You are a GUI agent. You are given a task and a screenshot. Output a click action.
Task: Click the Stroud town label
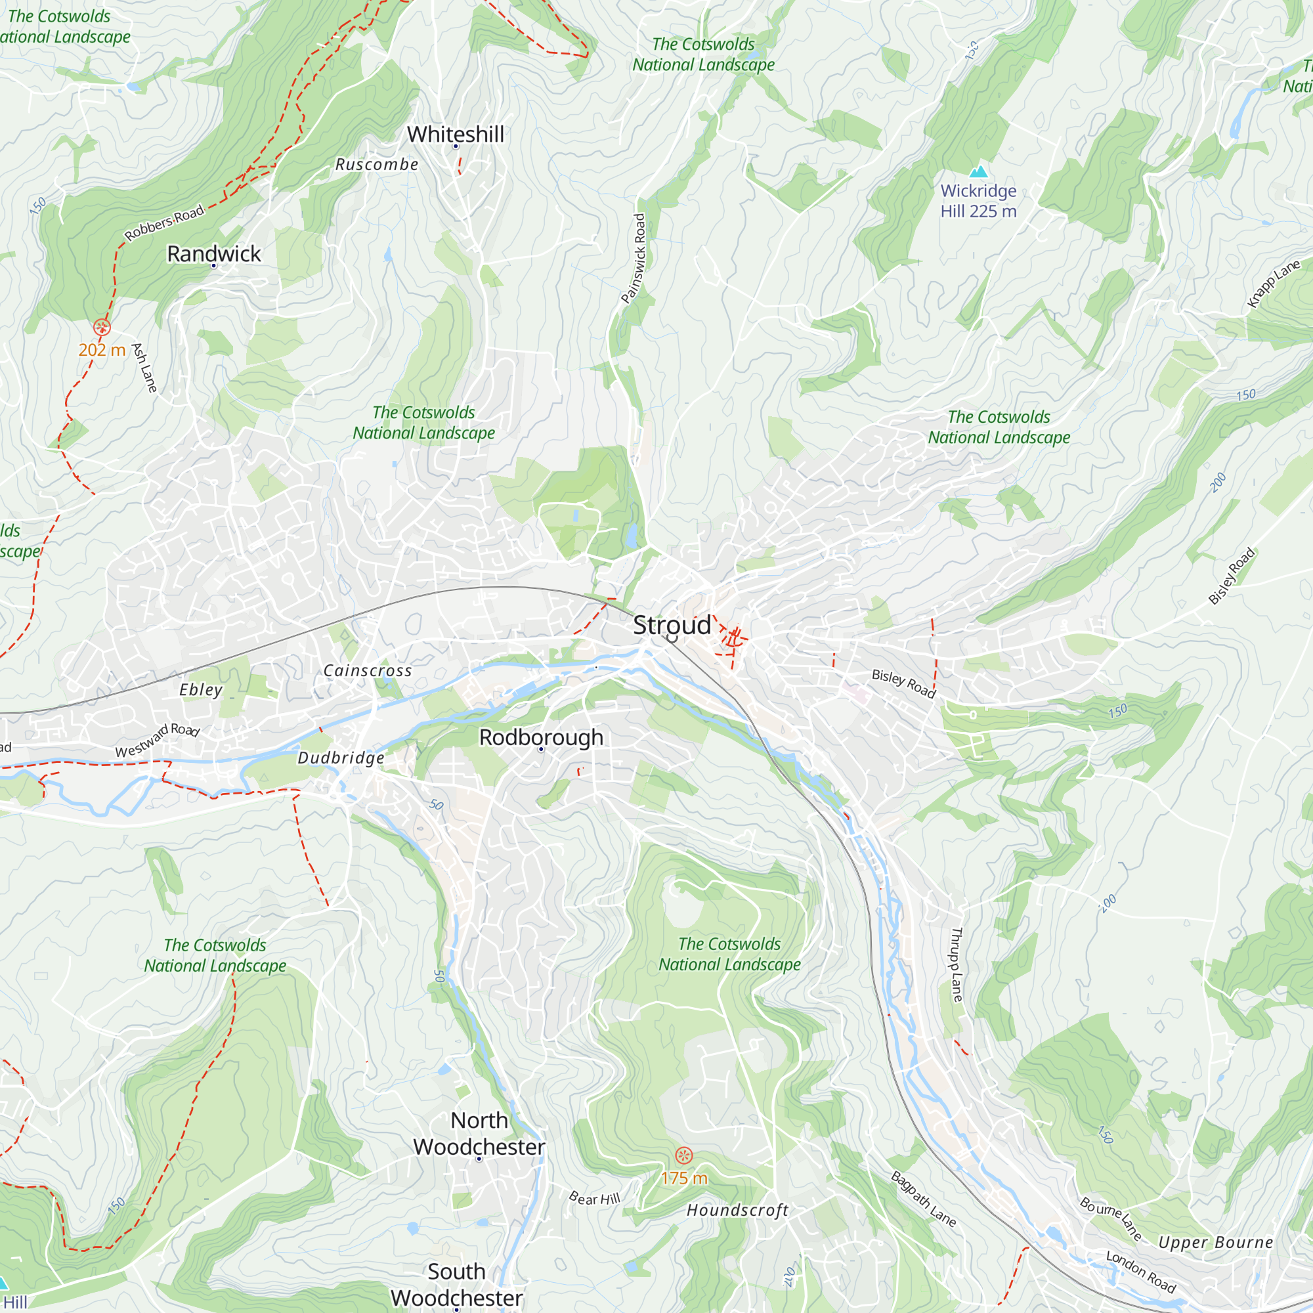click(672, 625)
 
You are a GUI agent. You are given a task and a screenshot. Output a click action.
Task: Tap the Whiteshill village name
click(456, 135)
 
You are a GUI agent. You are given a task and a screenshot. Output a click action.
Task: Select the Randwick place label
click(213, 254)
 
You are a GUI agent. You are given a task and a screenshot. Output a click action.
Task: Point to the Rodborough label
click(541, 737)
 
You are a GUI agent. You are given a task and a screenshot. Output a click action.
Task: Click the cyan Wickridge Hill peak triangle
click(979, 171)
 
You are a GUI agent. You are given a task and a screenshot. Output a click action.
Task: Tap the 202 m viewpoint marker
click(102, 328)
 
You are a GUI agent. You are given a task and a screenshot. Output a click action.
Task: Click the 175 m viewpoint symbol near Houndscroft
click(683, 1155)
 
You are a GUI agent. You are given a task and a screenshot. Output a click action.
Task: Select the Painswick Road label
click(634, 258)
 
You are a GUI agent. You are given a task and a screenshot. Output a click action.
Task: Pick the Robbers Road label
click(165, 223)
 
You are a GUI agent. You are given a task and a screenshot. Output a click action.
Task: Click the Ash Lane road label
click(144, 368)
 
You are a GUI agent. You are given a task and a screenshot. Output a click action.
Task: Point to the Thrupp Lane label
click(957, 964)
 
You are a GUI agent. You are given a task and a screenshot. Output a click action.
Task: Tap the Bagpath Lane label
click(924, 1199)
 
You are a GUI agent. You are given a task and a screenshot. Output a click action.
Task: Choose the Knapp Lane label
click(1274, 284)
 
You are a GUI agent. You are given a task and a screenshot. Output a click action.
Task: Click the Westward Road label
click(158, 741)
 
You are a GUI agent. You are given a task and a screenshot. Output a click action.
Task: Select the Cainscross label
click(368, 671)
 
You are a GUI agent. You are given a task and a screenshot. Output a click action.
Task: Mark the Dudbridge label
click(341, 758)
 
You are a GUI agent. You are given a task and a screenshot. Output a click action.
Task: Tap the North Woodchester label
click(479, 1134)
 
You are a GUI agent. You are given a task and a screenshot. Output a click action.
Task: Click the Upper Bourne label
click(1216, 1242)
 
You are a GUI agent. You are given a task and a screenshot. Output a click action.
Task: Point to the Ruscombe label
click(377, 165)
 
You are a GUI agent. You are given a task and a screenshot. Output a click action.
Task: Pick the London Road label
click(1141, 1272)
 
